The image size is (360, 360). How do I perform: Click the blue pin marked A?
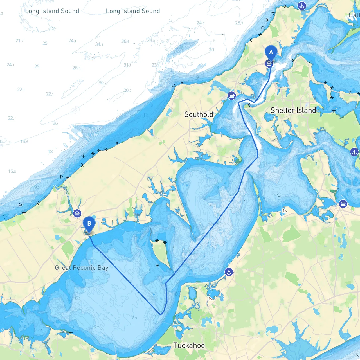coord(271,53)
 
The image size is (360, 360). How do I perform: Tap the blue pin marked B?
coord(89,224)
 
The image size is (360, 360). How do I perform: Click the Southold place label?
coord(199,114)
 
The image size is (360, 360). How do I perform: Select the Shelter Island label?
coord(293,110)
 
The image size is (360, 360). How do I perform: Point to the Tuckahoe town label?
coord(189,345)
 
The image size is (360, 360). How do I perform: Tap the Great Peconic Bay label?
coord(82,268)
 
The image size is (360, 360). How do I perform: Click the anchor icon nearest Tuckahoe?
coord(229,272)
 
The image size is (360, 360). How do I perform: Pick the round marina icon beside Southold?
coord(232,96)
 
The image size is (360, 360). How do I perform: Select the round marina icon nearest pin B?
coord(77,213)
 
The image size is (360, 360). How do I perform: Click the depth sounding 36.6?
coord(125,41)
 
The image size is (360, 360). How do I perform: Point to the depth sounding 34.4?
coord(99,44)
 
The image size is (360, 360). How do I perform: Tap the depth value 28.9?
coord(239,23)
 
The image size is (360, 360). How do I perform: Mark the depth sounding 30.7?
coord(103,83)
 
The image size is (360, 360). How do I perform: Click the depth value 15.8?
coord(12,171)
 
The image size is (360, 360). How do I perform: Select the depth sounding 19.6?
coord(24,141)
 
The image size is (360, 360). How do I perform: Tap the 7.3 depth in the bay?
coord(134,318)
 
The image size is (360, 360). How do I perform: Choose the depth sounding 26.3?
coord(76,68)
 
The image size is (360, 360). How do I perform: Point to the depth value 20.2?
coord(127,90)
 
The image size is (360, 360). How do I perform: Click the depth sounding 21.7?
coord(19,41)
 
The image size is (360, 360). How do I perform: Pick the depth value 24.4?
coord(201,23)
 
